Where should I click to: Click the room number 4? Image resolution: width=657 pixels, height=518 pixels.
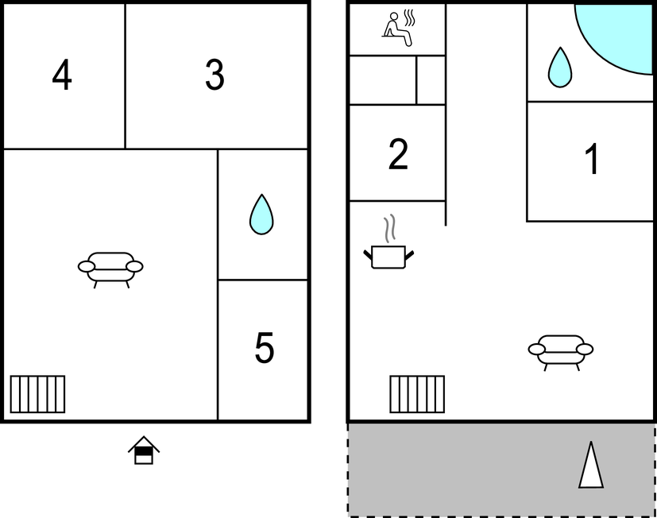(62, 75)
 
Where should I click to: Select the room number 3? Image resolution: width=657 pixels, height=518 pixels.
(214, 75)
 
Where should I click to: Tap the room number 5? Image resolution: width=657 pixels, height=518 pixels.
(265, 347)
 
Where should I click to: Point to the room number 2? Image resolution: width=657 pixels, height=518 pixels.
(398, 154)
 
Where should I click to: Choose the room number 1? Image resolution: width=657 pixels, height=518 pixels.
(592, 158)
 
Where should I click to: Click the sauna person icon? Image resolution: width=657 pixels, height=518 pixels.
(396, 29)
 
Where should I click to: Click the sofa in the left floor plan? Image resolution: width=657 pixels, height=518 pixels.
(110, 270)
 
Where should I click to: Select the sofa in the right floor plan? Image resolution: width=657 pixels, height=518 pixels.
(561, 353)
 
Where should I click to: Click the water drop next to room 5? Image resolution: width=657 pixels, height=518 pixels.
(261, 215)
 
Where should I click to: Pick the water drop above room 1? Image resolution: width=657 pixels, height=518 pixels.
(560, 68)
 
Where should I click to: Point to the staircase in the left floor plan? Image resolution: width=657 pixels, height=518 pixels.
(37, 394)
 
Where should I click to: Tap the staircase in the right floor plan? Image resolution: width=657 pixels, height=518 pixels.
(417, 394)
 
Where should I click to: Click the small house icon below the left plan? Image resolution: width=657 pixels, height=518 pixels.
(144, 450)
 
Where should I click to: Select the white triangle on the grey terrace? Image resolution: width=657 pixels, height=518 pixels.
(591, 466)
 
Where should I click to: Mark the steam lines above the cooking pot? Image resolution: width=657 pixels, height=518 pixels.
(390, 228)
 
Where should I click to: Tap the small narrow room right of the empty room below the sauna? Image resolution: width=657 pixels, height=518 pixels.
(431, 80)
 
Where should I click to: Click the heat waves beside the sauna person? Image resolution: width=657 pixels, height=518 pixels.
(409, 18)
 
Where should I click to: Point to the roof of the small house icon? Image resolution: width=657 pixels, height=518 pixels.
(144, 444)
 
